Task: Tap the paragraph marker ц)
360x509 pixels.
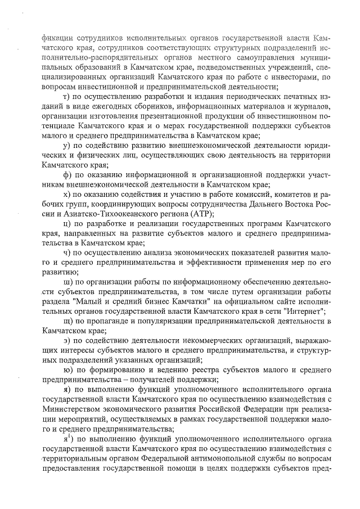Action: pos(66,224)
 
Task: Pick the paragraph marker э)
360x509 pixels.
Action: pos(66,341)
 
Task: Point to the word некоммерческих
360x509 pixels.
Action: pos(178,341)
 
